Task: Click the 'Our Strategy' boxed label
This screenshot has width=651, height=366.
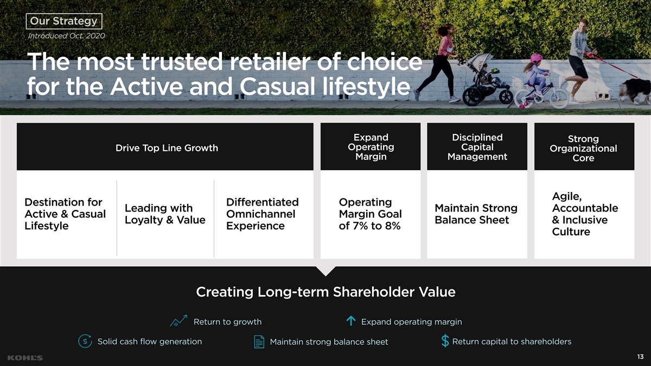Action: coord(64,21)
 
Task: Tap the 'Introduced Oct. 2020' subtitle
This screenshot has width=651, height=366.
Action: coord(66,36)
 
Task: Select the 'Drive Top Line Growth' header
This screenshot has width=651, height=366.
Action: coord(167,148)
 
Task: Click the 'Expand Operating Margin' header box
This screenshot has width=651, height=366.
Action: coord(371,146)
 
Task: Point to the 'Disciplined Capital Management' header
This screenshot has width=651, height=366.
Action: coord(477,147)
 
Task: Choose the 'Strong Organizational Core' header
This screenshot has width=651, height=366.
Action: coord(583,148)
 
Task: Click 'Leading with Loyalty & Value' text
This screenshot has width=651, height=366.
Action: coord(165,214)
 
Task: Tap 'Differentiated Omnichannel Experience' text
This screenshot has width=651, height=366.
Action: coord(262,214)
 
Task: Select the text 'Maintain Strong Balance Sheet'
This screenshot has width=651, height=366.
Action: coord(476,214)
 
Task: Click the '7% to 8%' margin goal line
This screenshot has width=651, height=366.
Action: coord(369,226)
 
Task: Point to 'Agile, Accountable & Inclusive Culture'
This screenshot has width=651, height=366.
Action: coord(585,214)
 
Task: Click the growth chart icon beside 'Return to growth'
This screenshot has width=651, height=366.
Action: coord(178,320)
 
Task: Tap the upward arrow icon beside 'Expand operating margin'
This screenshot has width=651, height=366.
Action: coord(351,320)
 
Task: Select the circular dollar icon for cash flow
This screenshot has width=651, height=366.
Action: coord(85,341)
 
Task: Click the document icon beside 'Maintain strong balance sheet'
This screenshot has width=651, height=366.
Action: coord(259,342)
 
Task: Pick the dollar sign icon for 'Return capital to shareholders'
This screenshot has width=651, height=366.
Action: coord(445,341)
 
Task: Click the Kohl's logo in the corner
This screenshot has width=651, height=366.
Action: coord(25,357)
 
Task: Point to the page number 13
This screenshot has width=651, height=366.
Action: coord(640,357)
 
